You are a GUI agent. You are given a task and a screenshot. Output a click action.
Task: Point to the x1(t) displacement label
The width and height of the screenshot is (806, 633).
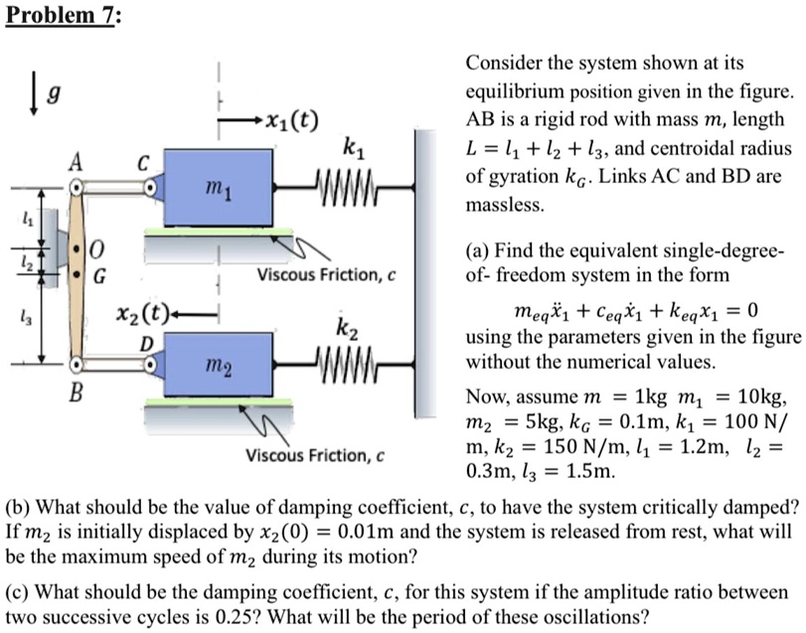(291, 123)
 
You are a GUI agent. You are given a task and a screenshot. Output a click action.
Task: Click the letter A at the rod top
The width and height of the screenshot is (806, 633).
(76, 162)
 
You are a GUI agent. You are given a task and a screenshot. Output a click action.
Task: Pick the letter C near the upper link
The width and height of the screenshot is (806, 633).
(146, 162)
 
